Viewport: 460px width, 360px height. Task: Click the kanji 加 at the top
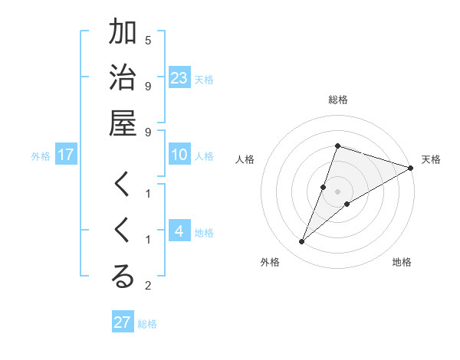pos(123,33)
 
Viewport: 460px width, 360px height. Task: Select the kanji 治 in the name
pos(123,79)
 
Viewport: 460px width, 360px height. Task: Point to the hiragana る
pos(123,277)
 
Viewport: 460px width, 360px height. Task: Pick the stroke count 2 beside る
pos(148,286)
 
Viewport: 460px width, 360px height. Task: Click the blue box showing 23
pos(179,78)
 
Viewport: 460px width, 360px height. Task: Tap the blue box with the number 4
pos(179,232)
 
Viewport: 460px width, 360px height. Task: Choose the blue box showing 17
pos(66,155)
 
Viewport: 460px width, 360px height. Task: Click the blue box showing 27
pos(123,322)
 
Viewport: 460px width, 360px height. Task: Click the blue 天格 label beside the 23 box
pos(204,79)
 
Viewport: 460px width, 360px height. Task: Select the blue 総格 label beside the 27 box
pos(147,324)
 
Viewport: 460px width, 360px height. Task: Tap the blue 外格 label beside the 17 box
pos(41,156)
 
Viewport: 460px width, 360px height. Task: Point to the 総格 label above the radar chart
pos(337,100)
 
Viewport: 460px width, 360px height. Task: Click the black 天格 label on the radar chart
pos(431,159)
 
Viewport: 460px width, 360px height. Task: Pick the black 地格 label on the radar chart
pos(402,263)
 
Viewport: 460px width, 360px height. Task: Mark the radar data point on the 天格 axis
pos(410,168)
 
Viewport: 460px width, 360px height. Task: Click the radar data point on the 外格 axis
pos(302,242)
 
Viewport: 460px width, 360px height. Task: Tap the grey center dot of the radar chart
pos(337,191)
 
